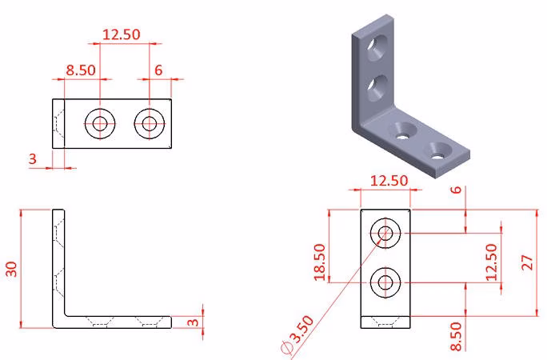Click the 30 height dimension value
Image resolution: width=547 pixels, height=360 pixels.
pyautogui.click(x=11, y=269)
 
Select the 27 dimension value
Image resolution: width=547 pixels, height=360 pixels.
pyautogui.click(x=528, y=262)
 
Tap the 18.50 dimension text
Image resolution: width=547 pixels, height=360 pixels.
pyautogui.click(x=320, y=262)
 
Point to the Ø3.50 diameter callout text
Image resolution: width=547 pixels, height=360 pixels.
pyautogui.click(x=298, y=335)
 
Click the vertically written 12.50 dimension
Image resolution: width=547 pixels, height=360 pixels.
pyautogui.click(x=491, y=262)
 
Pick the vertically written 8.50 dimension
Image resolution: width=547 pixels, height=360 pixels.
pyautogui.click(x=456, y=336)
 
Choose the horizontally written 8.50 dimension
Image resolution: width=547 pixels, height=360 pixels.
pyautogui.click(x=81, y=70)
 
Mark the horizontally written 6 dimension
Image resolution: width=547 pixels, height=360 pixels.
pyautogui.click(x=158, y=70)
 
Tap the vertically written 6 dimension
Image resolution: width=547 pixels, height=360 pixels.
pyautogui.click(x=456, y=190)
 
